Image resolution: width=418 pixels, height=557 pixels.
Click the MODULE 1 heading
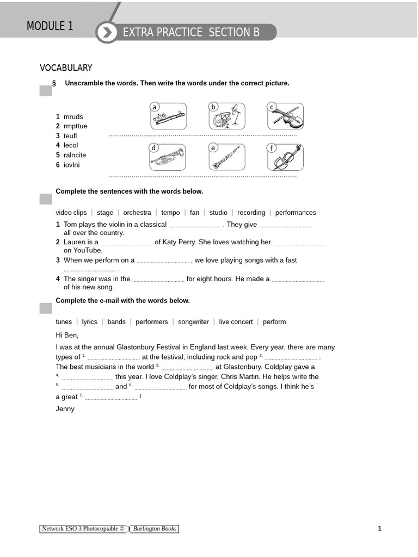coord(50,26)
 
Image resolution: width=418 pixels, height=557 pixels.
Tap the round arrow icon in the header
coord(107,33)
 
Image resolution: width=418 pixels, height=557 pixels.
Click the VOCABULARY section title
coord(66,68)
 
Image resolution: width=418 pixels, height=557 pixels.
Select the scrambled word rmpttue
coord(75,126)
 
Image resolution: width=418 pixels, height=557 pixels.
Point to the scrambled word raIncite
coord(75,155)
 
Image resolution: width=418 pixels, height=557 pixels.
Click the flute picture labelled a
coord(169,116)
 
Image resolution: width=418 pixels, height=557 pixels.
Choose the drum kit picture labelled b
coord(227,116)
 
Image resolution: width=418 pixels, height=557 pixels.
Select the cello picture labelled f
coord(286,157)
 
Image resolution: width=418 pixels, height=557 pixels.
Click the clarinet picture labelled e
coord(227,157)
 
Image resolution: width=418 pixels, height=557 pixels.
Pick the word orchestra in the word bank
coord(137,213)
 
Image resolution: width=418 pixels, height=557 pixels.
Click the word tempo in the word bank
coord(170,213)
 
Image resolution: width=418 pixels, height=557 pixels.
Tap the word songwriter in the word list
coord(193,322)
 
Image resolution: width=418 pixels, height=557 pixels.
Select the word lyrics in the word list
coord(89,322)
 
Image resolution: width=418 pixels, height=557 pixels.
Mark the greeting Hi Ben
coord(67,335)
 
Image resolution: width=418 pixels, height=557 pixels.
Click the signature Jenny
coord(65,409)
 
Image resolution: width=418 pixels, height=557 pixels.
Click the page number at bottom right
coord(379,528)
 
